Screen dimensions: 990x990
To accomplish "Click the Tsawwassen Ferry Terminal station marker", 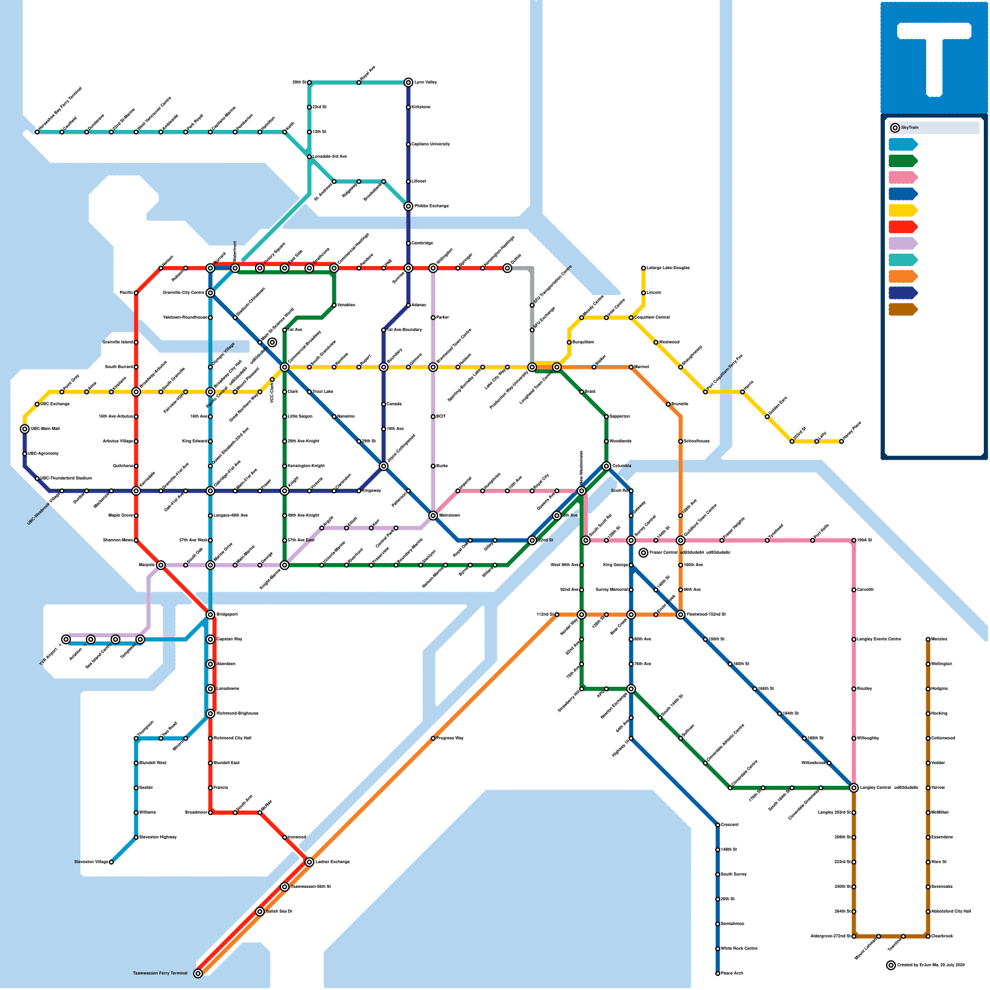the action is tap(198, 973).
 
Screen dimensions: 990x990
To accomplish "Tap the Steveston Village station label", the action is tap(91, 862).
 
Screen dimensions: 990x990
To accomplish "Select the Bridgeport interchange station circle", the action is tap(210, 614).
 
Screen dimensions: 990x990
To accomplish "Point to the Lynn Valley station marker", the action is tap(408, 82).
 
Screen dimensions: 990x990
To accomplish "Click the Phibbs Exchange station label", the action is tap(431, 206).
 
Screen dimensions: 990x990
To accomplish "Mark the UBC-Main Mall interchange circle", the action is tap(25, 429).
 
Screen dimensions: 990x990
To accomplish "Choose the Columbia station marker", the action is tap(606, 466).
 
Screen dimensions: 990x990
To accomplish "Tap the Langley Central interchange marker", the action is tap(854, 788).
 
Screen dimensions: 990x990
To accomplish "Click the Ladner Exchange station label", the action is tap(332, 862).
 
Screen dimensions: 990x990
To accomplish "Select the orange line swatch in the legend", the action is tap(902, 276).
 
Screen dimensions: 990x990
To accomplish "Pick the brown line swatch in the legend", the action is tap(902, 309).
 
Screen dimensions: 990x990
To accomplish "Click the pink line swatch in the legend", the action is tap(902, 178).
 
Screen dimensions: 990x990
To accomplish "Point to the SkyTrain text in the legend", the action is tap(910, 127).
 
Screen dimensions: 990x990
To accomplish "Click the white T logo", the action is tap(934, 56).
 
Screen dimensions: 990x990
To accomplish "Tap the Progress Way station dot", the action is tap(433, 738).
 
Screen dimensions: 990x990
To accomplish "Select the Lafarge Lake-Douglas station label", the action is tap(668, 268).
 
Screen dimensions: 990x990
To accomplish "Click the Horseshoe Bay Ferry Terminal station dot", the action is tap(37, 132).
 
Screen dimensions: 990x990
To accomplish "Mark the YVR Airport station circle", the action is tap(66, 639).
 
